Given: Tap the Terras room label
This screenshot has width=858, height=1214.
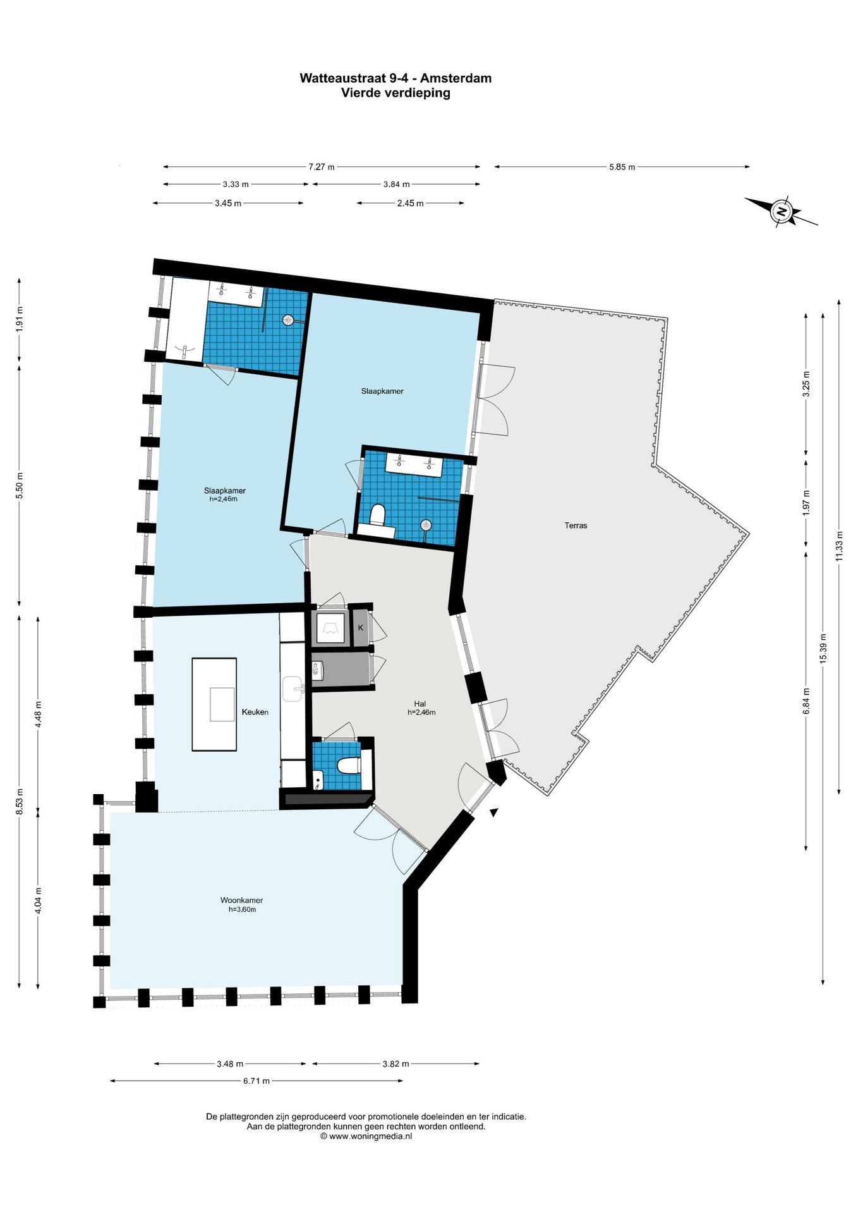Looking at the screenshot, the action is [x=576, y=525].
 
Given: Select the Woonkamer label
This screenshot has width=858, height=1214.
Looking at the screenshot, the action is [x=241, y=900].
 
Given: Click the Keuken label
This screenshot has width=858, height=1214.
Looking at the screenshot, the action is [x=255, y=712].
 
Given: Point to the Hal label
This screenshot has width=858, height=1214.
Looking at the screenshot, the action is [x=420, y=704].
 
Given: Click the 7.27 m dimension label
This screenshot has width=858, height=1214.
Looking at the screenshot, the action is [x=322, y=167].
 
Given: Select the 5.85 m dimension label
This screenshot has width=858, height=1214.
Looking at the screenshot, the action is [x=622, y=167].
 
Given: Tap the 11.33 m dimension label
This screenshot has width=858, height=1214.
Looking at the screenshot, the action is [x=839, y=546].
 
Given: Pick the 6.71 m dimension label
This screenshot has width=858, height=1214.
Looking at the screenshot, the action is [x=257, y=1081].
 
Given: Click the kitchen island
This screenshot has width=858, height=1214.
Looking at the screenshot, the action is [x=214, y=704].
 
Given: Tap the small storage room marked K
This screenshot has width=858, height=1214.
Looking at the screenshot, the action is [x=361, y=628].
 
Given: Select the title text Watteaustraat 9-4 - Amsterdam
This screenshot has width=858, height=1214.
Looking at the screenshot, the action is [x=396, y=78].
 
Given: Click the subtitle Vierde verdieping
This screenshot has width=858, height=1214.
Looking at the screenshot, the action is [x=396, y=93].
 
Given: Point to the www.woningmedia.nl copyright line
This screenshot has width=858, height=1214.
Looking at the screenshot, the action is [x=366, y=1136].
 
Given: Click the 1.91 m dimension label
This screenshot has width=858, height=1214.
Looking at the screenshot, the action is [x=19, y=319].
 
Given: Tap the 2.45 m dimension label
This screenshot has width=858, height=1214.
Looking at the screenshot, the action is [x=411, y=203].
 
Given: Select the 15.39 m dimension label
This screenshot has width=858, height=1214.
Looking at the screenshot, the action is [x=823, y=648].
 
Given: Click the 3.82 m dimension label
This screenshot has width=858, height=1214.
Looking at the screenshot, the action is [x=396, y=1064].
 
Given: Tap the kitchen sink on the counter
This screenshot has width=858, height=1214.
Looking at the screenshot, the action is [x=293, y=689].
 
